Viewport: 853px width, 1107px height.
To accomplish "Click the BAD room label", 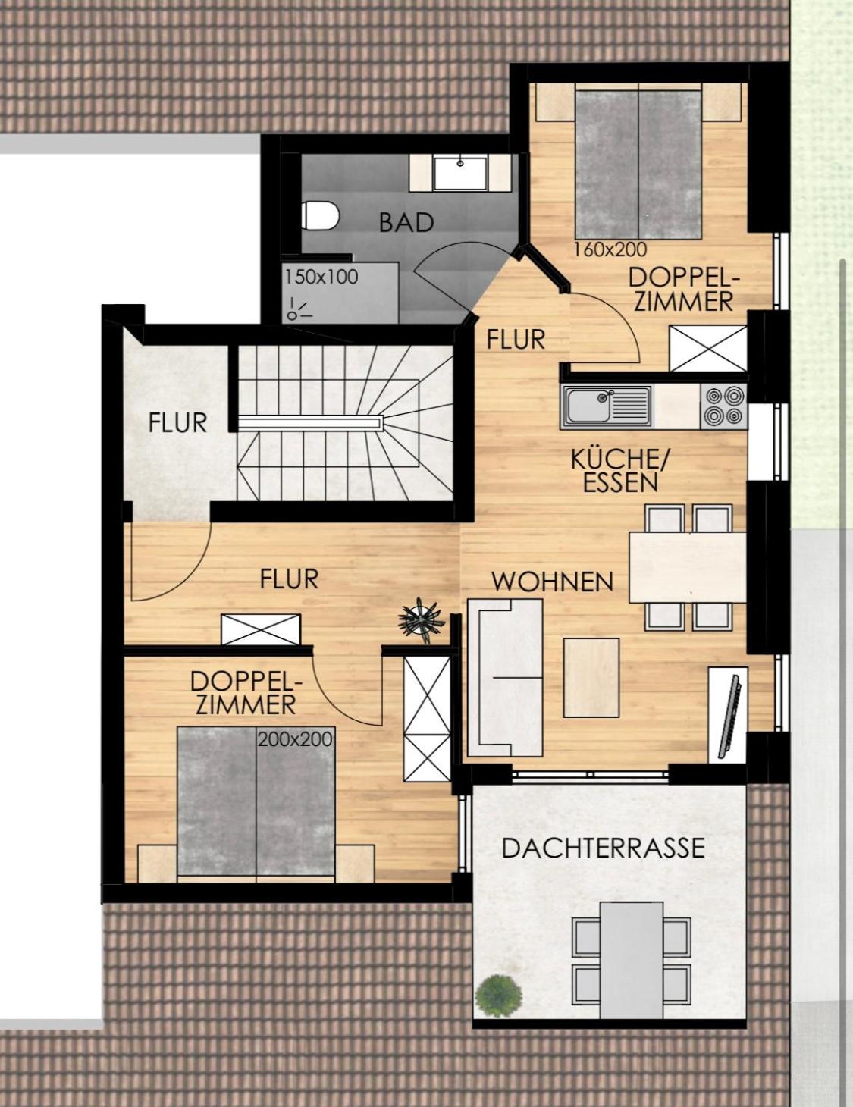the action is tap(406, 223).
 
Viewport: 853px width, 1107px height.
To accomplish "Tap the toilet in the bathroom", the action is tap(320, 215).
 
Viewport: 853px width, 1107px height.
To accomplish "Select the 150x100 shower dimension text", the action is tap(321, 278).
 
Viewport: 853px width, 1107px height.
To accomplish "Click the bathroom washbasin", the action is tap(460, 173).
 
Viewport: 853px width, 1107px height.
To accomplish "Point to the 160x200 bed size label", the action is tap(610, 249).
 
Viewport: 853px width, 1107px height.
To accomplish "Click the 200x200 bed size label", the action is tap(296, 739).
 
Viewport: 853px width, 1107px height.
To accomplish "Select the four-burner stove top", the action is tap(723, 406).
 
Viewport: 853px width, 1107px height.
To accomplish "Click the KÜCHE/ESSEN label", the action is tap(620, 471).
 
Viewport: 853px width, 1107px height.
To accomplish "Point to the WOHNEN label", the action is tap(552, 582).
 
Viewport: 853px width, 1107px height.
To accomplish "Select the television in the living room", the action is tap(729, 716).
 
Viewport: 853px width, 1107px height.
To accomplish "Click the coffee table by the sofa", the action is tap(591, 678).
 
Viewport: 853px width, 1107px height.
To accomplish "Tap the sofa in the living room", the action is tap(505, 678).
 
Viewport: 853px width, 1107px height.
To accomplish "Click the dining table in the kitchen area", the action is tap(688, 567).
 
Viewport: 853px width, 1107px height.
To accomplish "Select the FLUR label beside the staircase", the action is tap(177, 423).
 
